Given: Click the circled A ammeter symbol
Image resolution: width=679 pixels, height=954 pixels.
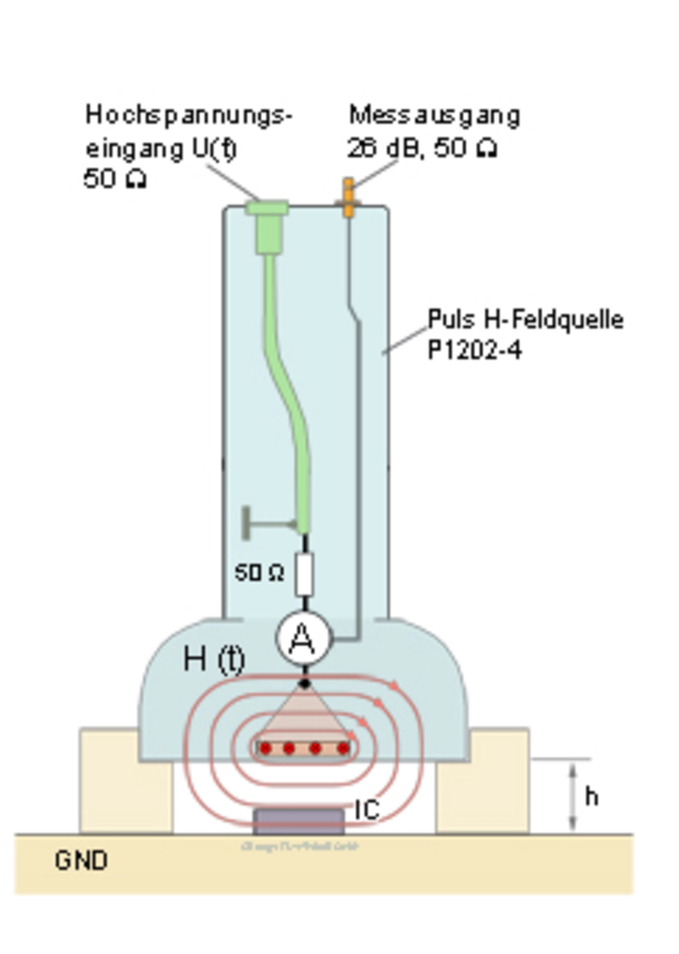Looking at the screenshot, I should [x=303, y=638].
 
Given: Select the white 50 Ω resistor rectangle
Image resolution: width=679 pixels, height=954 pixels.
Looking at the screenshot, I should [x=304, y=574].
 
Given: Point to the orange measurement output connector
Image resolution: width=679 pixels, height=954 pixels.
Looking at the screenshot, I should [x=348, y=198].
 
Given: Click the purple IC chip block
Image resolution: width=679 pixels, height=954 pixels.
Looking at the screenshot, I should [x=299, y=821].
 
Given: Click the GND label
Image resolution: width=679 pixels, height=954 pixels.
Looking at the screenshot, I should [x=81, y=861].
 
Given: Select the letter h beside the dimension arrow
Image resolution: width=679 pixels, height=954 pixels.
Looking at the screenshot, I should [x=591, y=796].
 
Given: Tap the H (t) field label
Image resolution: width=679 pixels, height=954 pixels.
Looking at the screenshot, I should [x=214, y=659].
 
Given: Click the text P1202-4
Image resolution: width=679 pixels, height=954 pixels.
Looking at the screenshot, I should [x=474, y=350].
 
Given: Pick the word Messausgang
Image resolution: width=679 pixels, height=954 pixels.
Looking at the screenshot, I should [x=434, y=116].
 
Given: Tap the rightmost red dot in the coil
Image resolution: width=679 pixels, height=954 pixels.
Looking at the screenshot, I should [x=343, y=748].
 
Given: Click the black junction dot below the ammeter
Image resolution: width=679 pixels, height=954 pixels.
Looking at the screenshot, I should [x=304, y=683].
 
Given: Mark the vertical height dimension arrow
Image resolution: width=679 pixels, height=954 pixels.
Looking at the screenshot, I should [x=572, y=796].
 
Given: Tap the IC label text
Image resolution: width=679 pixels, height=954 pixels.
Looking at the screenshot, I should [x=367, y=810].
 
